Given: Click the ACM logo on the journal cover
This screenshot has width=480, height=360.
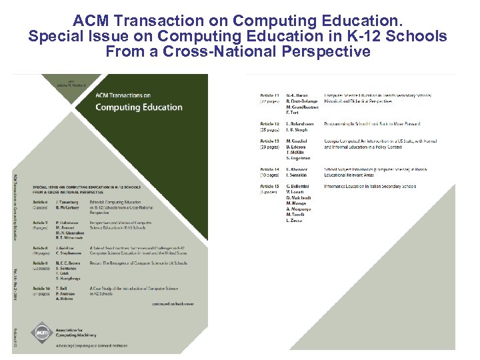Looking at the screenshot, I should (x=41, y=333).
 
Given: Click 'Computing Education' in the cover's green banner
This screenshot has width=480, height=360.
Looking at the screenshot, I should (x=139, y=107).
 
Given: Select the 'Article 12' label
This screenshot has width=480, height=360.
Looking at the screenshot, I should (x=269, y=124).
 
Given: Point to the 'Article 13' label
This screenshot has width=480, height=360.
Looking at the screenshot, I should (x=269, y=141).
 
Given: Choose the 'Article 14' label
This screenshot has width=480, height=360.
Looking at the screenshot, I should (x=269, y=169).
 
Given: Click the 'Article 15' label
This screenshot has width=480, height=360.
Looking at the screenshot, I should (x=269, y=187).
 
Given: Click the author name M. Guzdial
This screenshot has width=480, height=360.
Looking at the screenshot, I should (x=297, y=141).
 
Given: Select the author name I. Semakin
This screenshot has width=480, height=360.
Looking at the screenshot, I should (x=297, y=175).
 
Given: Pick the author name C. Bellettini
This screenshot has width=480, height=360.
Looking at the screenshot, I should (x=299, y=187).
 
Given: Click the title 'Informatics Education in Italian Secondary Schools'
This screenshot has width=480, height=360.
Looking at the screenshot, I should (x=369, y=187).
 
